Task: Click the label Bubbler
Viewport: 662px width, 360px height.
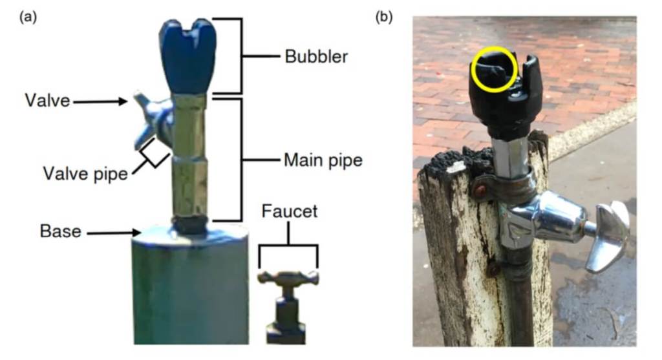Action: [316, 56]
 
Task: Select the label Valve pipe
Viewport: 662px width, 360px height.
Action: [85, 174]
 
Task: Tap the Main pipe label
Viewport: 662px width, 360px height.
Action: [323, 160]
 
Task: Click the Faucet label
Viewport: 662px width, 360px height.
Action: [288, 211]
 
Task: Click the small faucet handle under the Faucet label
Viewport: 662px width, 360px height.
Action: [288, 279]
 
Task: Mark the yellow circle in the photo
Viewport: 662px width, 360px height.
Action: [495, 69]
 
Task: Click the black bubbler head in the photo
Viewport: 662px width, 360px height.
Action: [507, 97]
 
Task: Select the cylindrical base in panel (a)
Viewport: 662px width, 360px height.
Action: [190, 284]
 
